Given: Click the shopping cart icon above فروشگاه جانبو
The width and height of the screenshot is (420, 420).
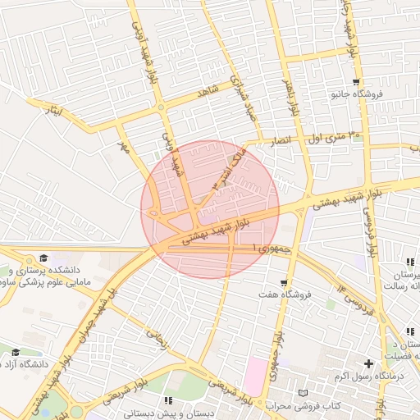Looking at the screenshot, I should coord(355,81).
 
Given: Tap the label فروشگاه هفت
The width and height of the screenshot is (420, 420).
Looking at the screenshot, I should coord(279,294).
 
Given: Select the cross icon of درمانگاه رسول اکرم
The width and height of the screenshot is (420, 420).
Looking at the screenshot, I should coord(368,363).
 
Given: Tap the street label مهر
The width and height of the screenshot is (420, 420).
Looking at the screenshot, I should coord(125,148).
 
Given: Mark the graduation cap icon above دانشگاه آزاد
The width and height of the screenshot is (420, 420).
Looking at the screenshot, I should coord(16,352).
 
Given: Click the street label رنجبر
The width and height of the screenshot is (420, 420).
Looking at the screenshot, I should coord(156,339).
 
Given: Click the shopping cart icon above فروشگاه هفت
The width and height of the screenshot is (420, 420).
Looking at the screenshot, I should coord(285,281).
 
